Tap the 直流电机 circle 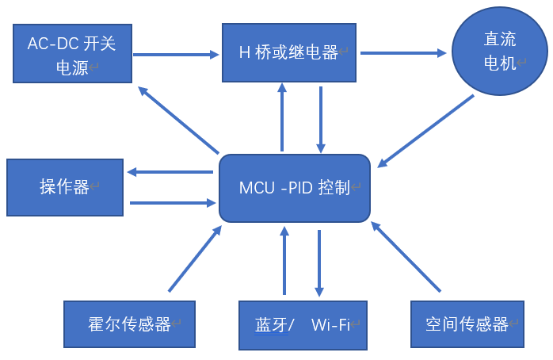tap(499, 53)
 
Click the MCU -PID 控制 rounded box tap(295, 189)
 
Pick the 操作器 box tap(65, 187)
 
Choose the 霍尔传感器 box tap(129, 324)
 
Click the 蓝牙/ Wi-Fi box tap(303, 324)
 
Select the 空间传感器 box tap(467, 324)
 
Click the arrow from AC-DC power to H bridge tap(176, 55)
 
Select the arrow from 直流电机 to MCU tap(426, 132)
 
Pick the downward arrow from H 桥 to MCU tap(321, 119)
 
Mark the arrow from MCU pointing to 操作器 tap(171, 172)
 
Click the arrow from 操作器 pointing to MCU tap(173, 203)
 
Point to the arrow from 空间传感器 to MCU tap(406, 257)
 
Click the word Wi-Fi tap(330, 324)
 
